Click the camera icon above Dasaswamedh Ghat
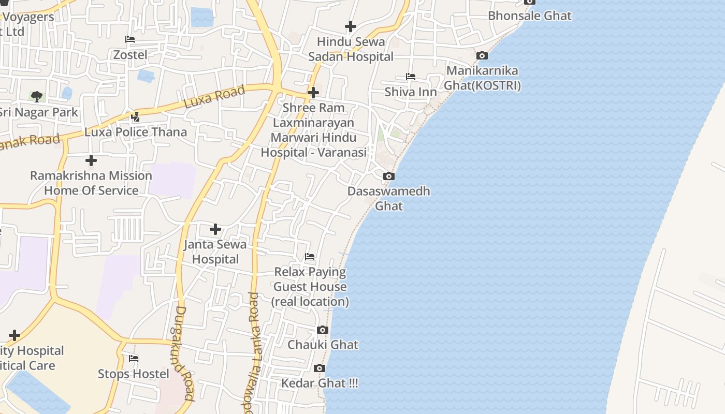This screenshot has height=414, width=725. pyautogui.click(x=388, y=176)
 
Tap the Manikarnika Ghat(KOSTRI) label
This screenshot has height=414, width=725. pyautogui.click(x=482, y=78)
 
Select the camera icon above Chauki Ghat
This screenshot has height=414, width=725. pyautogui.click(x=323, y=330)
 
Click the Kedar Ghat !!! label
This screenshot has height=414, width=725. pyautogui.click(x=319, y=383)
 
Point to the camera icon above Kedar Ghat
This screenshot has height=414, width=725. pyautogui.click(x=320, y=368)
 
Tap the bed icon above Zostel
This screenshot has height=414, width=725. pyautogui.click(x=130, y=39)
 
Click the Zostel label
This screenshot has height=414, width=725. pyautogui.click(x=130, y=54)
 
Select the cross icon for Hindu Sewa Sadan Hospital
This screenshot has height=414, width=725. pyautogui.click(x=351, y=26)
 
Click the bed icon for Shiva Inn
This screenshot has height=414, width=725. pyautogui.click(x=411, y=77)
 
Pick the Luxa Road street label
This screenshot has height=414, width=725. pyautogui.click(x=214, y=97)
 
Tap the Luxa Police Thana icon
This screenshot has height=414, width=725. pyautogui.click(x=135, y=117)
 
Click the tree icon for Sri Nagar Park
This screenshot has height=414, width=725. pyautogui.click(x=36, y=96)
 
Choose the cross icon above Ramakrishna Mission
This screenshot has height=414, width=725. pyautogui.click(x=91, y=160)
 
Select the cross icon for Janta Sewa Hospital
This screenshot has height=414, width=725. pyautogui.click(x=215, y=229)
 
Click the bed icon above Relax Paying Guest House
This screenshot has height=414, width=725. pyautogui.click(x=310, y=257)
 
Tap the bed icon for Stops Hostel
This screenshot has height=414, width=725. pyautogui.click(x=134, y=359)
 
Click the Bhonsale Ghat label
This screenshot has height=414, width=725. pyautogui.click(x=529, y=16)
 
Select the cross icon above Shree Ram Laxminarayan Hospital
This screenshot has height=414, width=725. pyautogui.click(x=313, y=93)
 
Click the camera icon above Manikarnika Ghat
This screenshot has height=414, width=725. pyautogui.click(x=482, y=55)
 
